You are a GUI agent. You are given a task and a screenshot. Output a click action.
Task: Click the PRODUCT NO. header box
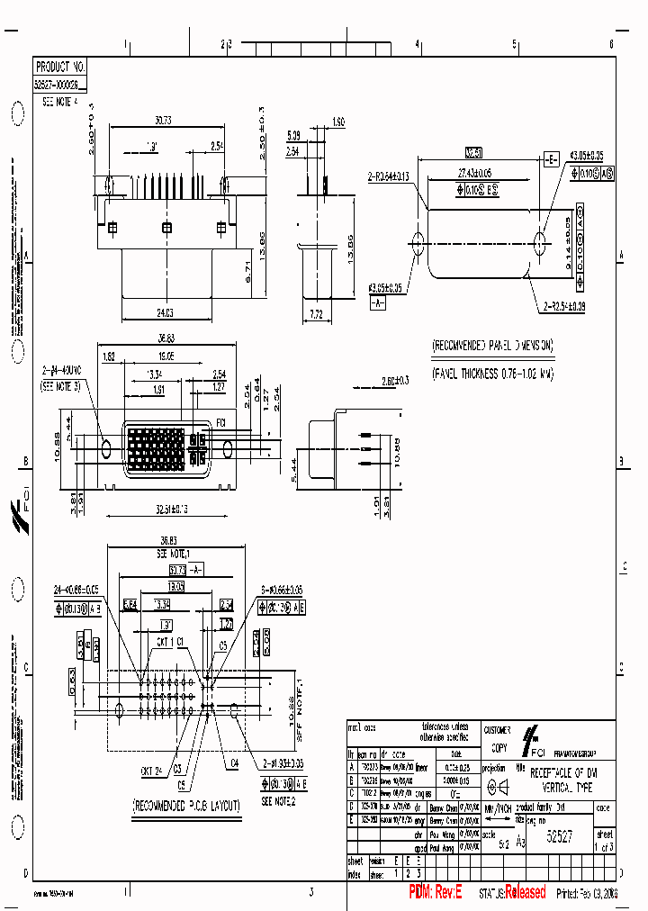point(61,67)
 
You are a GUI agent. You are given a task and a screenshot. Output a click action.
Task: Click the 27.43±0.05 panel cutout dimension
point(474,171)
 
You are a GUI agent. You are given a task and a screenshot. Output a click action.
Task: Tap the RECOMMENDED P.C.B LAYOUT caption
point(186,805)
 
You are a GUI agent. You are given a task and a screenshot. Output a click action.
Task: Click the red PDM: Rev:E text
point(436,892)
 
